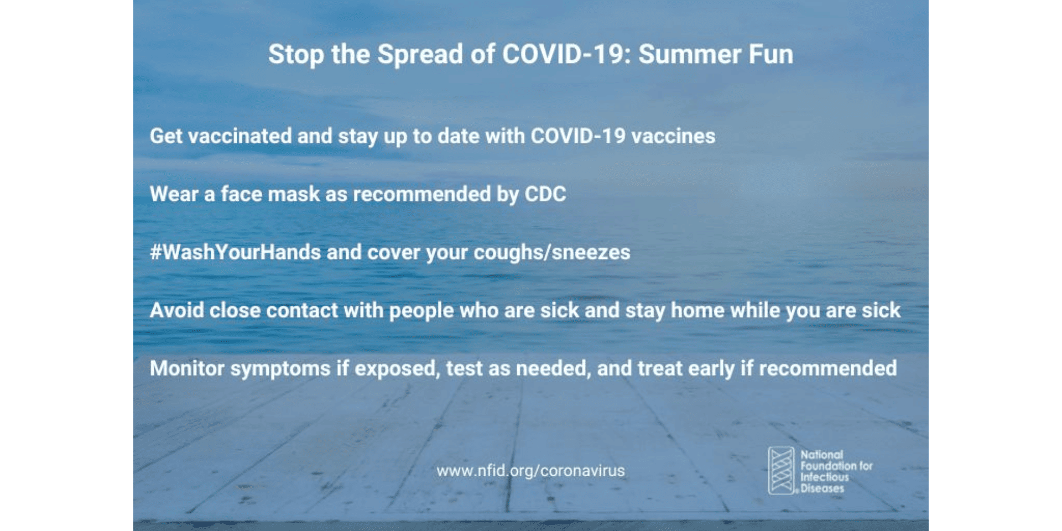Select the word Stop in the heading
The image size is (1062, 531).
click(295, 55)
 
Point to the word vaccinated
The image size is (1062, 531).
click(240, 136)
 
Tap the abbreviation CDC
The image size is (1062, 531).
click(545, 194)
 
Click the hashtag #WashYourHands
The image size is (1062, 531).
click(235, 252)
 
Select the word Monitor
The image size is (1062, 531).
click(186, 368)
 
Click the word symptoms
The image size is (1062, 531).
click(280, 369)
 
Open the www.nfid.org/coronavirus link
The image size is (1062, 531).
click(530, 471)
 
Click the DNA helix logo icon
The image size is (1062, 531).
click(781, 471)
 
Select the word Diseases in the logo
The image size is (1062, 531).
click(822, 488)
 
